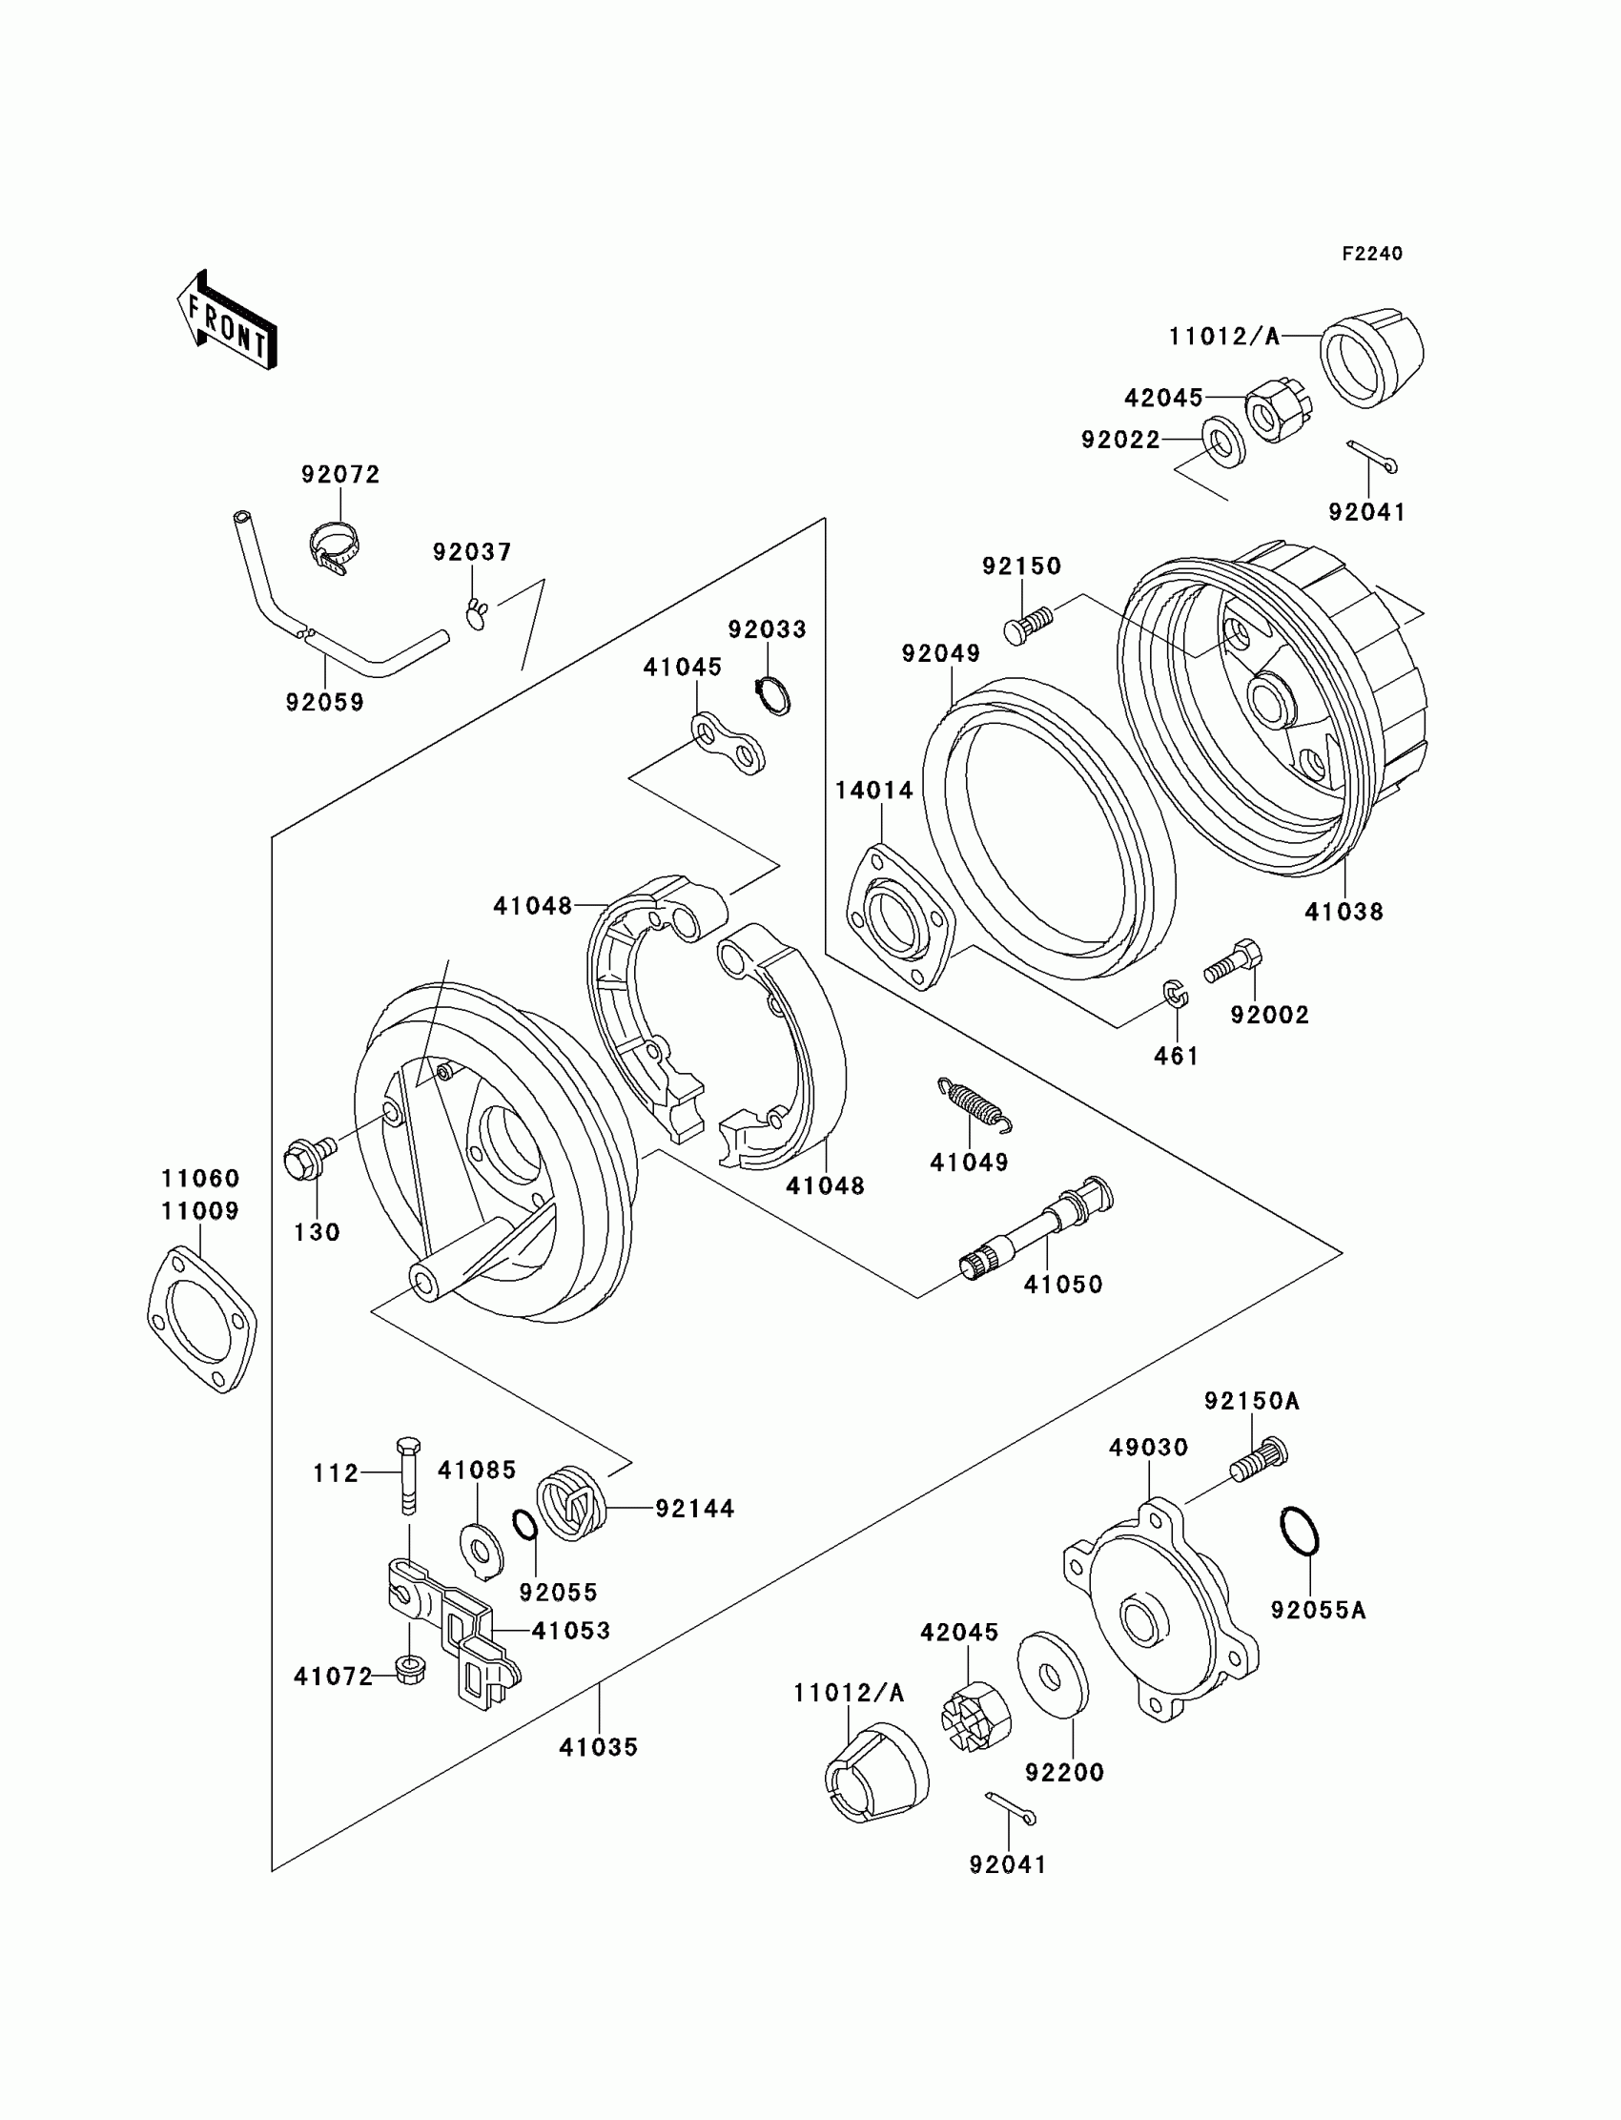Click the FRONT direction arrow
click(x=228, y=319)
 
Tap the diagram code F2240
click(x=1372, y=254)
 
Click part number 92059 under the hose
click(x=325, y=703)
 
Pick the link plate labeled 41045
click(x=728, y=744)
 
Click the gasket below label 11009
click(x=201, y=1319)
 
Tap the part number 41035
click(x=598, y=1746)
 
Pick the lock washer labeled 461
click(x=1175, y=994)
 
